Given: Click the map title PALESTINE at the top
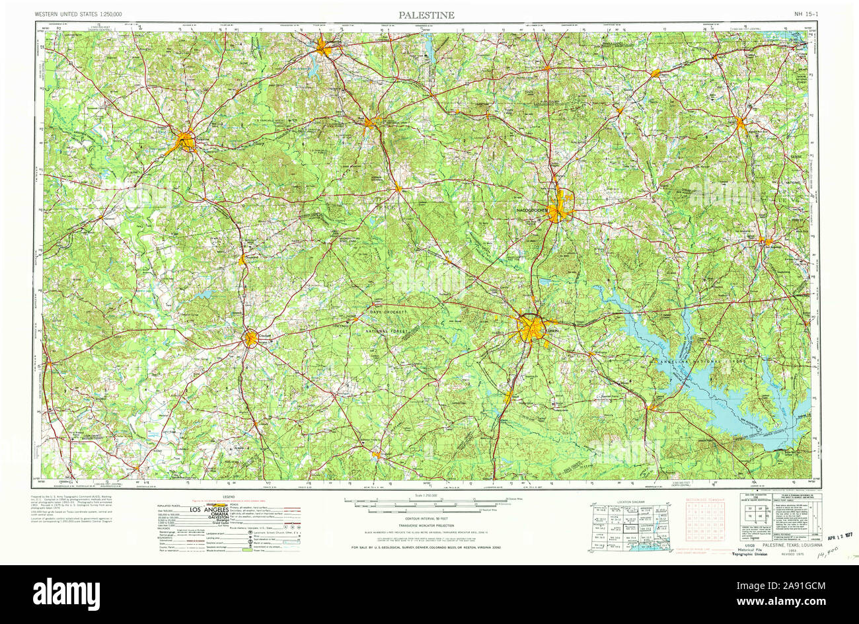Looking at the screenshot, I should pyautogui.click(x=426, y=15).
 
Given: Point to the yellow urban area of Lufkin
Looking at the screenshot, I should pyautogui.click(x=531, y=329).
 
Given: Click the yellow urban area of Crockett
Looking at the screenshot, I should pyautogui.click(x=250, y=339).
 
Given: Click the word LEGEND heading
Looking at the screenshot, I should pyautogui.click(x=229, y=496).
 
